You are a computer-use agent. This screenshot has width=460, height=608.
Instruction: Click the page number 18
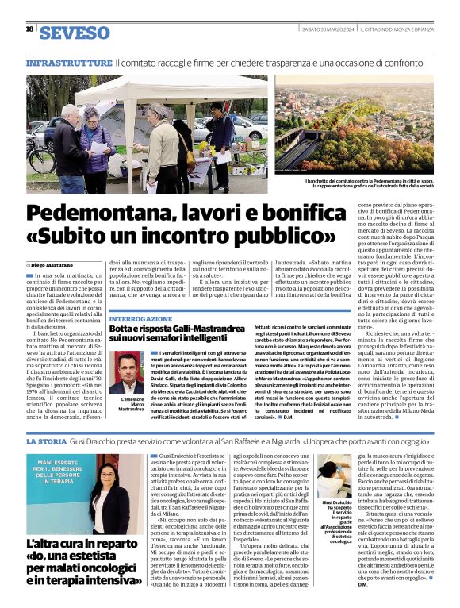tap(29, 29)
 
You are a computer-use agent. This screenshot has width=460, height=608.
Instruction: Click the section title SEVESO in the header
tap(75, 33)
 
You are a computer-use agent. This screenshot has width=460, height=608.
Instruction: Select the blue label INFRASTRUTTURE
tap(69, 62)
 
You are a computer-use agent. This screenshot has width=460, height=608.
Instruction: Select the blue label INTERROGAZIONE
tap(140, 317)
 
